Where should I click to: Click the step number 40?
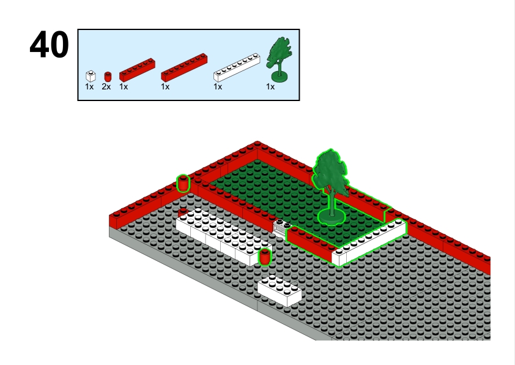tap(50, 44)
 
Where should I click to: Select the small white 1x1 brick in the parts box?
tap(91, 77)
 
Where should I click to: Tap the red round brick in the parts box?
tap(108, 77)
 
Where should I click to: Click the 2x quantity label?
tap(106, 87)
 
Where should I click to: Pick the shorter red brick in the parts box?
tap(137, 70)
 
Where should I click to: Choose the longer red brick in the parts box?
tap(184, 68)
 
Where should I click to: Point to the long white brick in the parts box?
tap(237, 68)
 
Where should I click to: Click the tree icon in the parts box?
tap(279, 59)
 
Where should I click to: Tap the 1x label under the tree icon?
tap(270, 87)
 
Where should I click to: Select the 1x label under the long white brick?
tap(218, 87)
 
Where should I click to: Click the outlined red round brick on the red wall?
tap(183, 184)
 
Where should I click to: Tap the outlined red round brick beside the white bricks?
tap(265, 257)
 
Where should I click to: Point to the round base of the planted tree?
tap(332, 217)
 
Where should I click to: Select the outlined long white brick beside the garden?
tap(369, 243)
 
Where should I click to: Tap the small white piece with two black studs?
tap(282, 228)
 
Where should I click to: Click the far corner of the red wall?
tap(257, 144)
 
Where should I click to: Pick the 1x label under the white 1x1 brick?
tap(89, 87)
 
